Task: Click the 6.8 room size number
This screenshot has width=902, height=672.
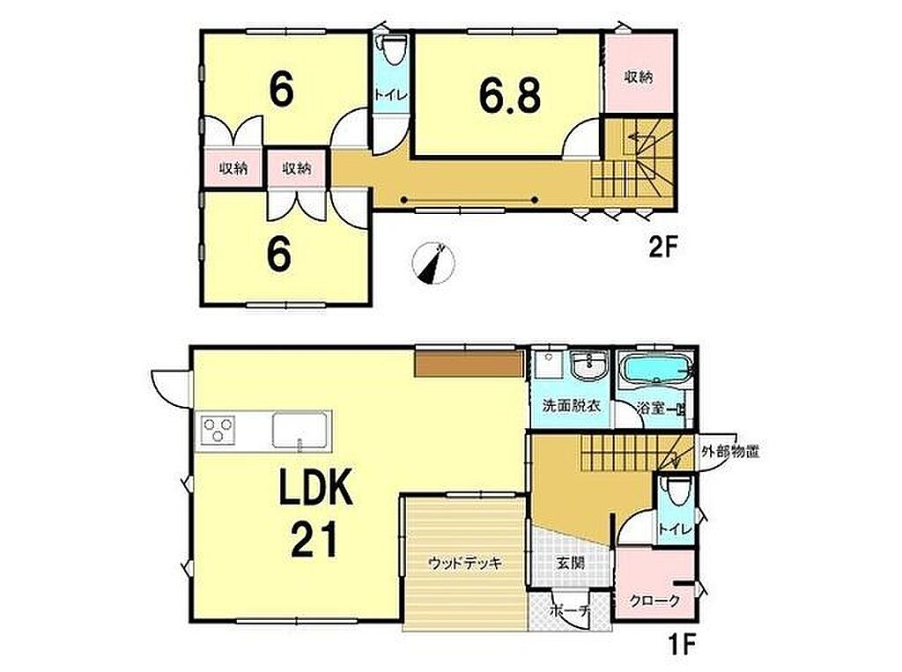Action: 510,95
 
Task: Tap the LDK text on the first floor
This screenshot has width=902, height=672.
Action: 315,487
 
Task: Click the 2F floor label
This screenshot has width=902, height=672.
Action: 663,248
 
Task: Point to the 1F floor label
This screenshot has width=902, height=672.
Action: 682,645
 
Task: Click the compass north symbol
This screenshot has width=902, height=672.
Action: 433,263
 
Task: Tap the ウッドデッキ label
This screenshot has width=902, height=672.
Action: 465,563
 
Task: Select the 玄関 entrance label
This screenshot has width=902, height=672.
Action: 570,562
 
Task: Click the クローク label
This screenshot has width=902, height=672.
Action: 654,602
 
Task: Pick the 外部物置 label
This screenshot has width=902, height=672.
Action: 730,451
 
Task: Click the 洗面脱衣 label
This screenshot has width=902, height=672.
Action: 572,406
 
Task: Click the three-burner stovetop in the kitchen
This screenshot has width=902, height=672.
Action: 218,429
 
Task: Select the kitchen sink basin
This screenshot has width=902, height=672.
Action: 299,430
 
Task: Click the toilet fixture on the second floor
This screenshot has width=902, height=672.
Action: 394,50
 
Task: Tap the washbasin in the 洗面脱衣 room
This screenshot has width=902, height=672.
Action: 588,366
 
